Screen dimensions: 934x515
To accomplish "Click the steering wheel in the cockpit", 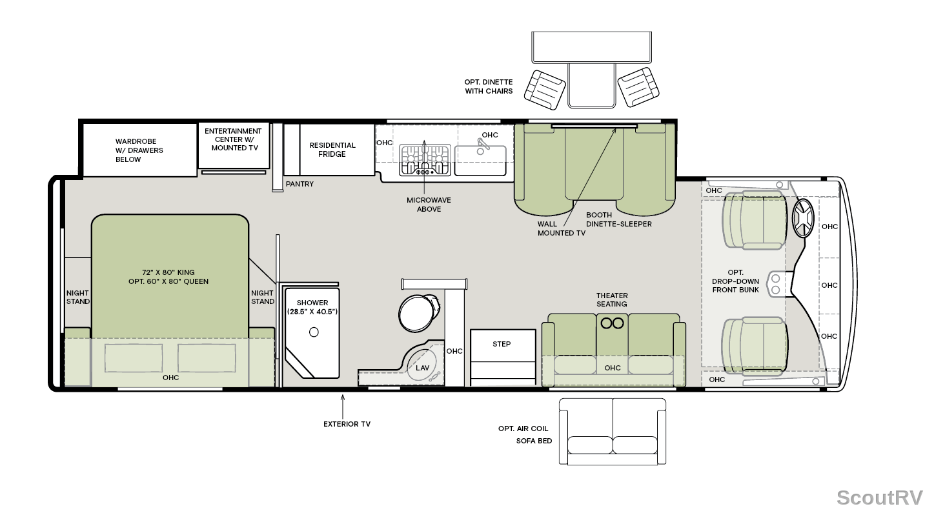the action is [803, 218].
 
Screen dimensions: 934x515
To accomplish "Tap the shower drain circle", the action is [314, 332].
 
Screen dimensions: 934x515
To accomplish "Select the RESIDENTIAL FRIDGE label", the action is [332, 150].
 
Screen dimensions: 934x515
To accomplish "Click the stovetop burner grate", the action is [425, 159].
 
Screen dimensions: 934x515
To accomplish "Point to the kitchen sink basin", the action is [480, 160].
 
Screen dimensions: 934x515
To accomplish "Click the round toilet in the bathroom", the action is [419, 313].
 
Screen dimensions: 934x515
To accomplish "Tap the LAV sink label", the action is [422, 368].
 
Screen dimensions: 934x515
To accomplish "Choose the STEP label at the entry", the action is [502, 344].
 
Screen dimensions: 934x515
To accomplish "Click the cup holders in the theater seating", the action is [612, 323].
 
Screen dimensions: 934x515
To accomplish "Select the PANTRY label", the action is [299, 184].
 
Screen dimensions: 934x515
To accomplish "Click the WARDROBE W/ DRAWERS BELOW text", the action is [139, 150].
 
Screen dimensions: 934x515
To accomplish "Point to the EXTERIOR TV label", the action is [347, 424].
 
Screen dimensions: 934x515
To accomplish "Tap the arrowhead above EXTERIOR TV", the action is [343, 397].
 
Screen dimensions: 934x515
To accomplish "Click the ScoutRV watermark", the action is [880, 498].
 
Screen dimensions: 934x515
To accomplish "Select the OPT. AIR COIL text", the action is [523, 429].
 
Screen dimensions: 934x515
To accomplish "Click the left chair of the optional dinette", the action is [545, 90].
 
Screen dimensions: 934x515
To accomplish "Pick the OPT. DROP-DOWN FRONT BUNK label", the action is [736, 281].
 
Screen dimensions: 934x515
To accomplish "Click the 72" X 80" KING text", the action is [168, 272].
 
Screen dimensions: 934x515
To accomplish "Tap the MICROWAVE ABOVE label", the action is [429, 205].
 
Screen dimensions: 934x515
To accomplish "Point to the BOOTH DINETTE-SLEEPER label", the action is [619, 219].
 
